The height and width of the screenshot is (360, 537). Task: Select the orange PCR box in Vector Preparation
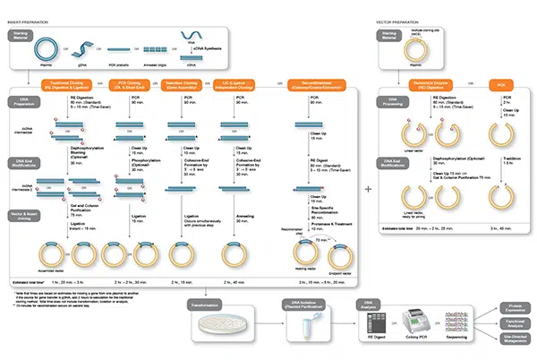[501, 85]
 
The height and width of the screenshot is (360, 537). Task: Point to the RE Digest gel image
[373, 324]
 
